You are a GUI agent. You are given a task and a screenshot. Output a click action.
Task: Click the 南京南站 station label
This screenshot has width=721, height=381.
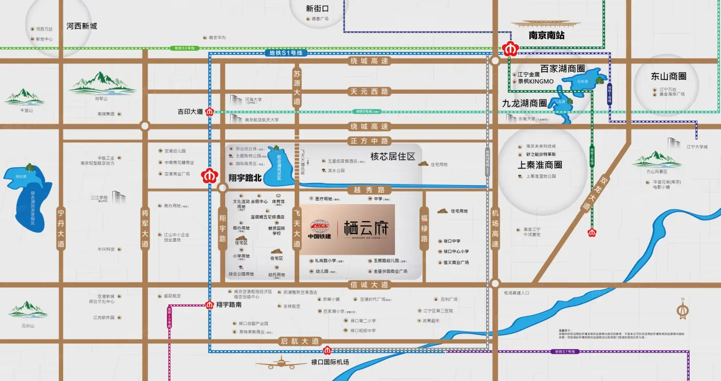point(547,36)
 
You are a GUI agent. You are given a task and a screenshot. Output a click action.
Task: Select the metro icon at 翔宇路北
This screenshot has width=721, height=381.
point(210,175)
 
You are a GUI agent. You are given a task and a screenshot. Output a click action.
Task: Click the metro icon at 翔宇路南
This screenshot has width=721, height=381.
point(210,305)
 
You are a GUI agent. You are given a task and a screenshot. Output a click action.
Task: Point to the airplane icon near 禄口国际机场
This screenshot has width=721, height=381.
point(281,363)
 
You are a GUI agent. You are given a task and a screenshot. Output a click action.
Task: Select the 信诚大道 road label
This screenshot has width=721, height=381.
point(369,285)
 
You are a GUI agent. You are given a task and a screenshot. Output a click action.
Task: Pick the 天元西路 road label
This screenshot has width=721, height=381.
point(369,92)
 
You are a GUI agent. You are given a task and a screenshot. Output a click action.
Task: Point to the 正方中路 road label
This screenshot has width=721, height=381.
point(369,141)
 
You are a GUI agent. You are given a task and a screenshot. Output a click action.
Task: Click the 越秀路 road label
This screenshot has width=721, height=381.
point(369,189)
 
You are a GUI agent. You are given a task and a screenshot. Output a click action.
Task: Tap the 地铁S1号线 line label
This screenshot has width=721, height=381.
point(286,53)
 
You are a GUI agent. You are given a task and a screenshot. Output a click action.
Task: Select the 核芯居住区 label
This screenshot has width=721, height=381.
point(392,156)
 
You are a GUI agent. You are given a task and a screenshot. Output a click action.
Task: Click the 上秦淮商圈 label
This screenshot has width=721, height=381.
point(540,165)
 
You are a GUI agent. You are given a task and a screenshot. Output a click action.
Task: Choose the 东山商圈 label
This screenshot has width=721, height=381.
point(668,76)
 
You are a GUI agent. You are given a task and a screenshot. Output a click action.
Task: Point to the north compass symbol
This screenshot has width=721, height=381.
point(683,310)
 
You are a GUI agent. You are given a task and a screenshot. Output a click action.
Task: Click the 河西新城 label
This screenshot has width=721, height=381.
point(81,26)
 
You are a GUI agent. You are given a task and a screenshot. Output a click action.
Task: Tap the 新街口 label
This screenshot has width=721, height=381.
point(317,8)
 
